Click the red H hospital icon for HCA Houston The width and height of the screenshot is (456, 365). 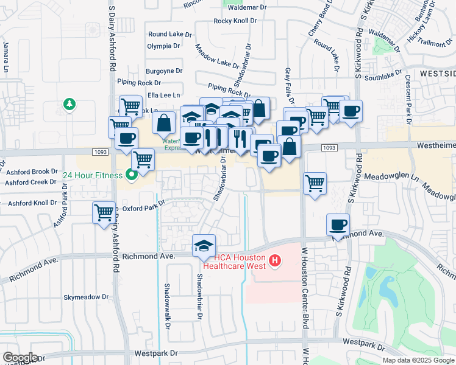[x=275, y=261]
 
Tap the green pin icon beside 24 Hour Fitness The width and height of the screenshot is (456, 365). [x=131, y=176]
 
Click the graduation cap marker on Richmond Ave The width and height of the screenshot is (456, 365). [x=204, y=245]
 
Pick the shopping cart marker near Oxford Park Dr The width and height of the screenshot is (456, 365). [x=104, y=213]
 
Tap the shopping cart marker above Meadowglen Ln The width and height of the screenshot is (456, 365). [x=315, y=182]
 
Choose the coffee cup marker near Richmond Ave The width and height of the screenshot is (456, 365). [x=338, y=224]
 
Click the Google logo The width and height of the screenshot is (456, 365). [x=21, y=357]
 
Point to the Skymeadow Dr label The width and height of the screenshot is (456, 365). [x=86, y=297]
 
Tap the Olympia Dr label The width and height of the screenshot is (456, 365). [x=163, y=46]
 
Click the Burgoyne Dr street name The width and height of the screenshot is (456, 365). [x=163, y=71]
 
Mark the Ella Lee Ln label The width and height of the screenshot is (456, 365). [x=161, y=96]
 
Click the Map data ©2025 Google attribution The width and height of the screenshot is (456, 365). [x=418, y=360]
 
